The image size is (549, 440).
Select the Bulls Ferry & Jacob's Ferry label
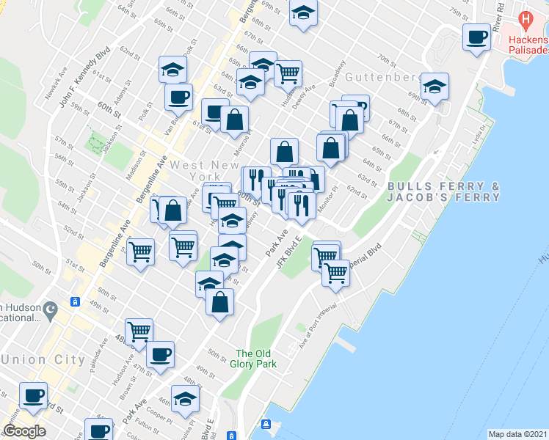[x=443, y=191]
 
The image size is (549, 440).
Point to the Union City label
[x=35, y=359]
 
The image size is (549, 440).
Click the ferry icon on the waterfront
[x=267, y=425]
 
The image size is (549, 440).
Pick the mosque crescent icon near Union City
[x=50, y=311]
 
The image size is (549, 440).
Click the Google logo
[x=25, y=431]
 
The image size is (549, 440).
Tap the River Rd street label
[x=499, y=18]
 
